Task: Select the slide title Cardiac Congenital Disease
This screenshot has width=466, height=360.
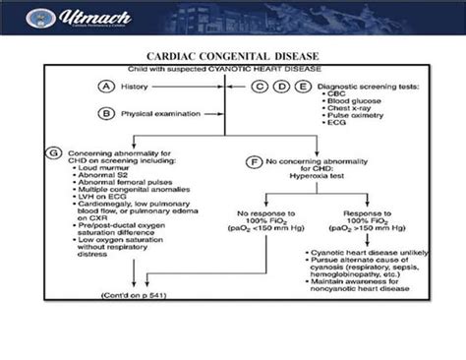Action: pos(233,56)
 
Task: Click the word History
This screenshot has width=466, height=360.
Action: pos(140,87)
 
